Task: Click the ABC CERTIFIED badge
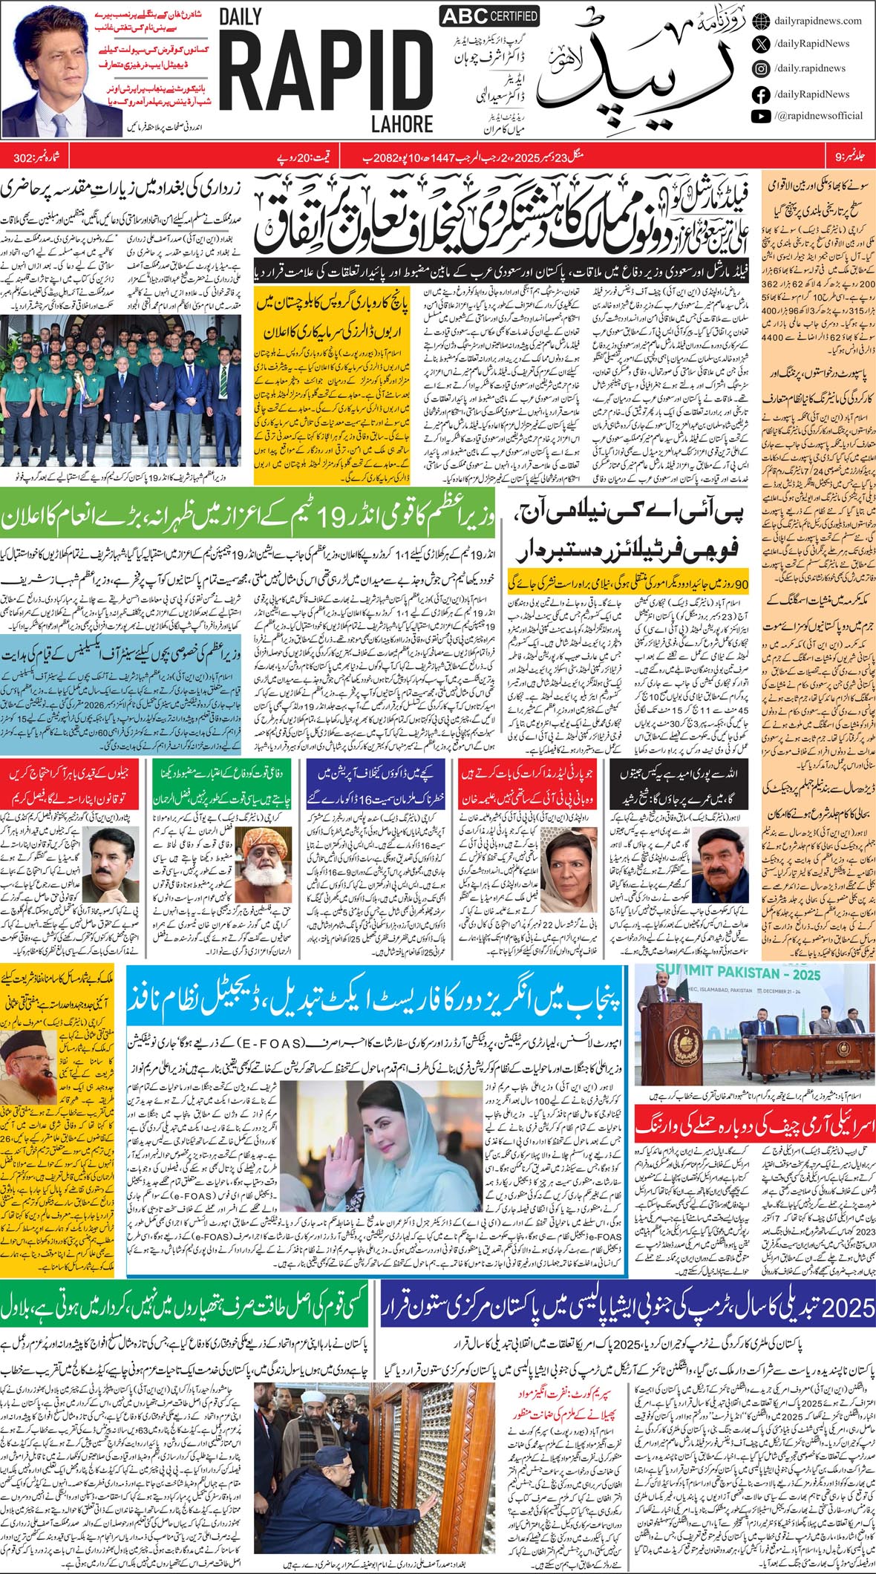(x=489, y=16)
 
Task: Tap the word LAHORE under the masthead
(x=403, y=122)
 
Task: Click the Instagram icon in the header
(x=760, y=68)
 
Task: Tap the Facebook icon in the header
(x=760, y=94)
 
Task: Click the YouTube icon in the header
(x=760, y=116)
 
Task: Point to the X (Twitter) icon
(x=760, y=44)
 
